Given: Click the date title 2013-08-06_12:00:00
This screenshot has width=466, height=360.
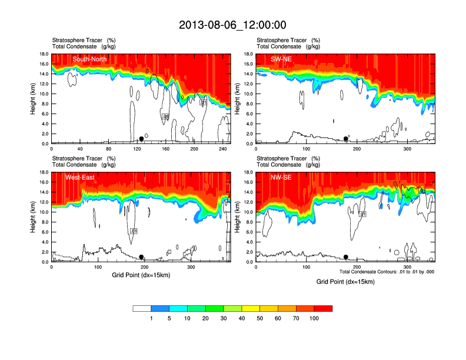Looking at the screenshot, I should click(232, 25).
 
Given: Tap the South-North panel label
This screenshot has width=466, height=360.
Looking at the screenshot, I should click(89, 59).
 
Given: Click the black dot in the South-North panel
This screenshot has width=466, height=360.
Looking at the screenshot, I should click(141, 139).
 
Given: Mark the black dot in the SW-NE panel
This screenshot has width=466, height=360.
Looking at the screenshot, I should click(346, 139).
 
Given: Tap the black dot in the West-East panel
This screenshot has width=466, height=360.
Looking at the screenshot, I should click(141, 257).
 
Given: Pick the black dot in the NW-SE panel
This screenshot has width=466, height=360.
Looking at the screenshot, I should click(346, 257).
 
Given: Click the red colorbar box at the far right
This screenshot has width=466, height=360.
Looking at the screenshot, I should click(323, 308).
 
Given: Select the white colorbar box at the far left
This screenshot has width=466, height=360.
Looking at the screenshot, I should click(142, 308).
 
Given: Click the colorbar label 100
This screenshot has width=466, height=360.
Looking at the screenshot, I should click(314, 318).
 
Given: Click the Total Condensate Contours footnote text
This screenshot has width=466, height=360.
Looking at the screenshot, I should click(387, 272).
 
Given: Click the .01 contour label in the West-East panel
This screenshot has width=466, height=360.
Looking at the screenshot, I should click(134, 232).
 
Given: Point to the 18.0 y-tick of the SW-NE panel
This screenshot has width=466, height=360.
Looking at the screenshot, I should click(248, 54).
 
